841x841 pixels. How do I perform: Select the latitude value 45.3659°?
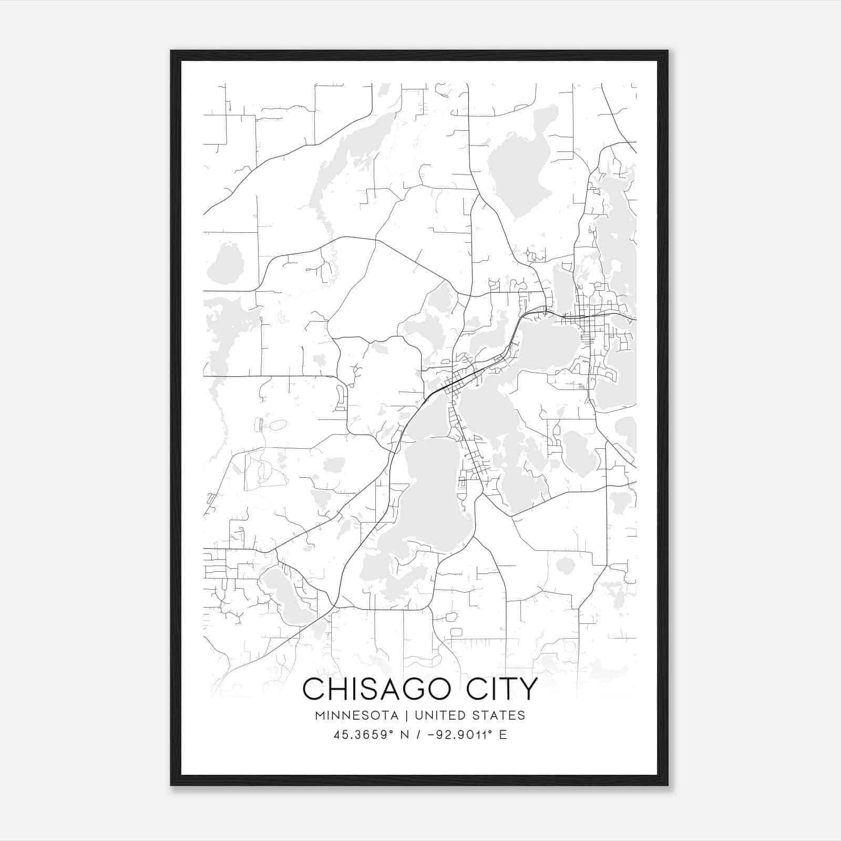(363, 735)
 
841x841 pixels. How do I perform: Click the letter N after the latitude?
(404, 735)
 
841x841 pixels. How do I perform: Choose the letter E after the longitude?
(503, 735)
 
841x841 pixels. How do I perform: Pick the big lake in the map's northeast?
(518, 168)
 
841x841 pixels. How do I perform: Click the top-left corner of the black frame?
(171, 51)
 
